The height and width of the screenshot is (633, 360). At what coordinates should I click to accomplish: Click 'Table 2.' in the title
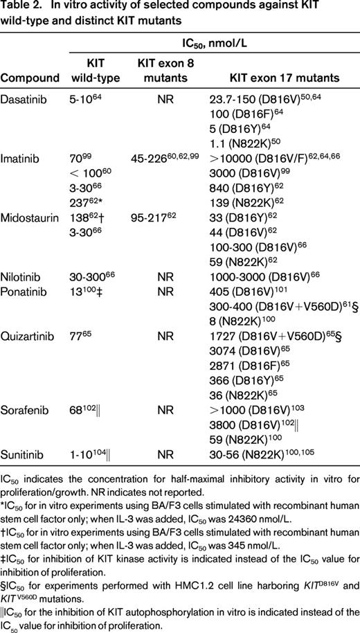coord(20,8)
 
